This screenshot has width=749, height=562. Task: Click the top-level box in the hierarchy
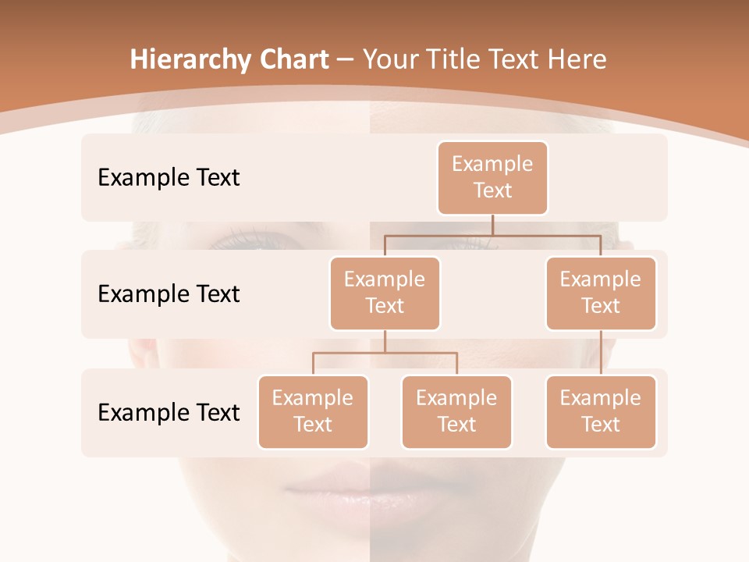pos(492,177)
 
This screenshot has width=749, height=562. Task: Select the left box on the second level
pos(385,293)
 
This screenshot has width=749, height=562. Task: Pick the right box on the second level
pos(601,293)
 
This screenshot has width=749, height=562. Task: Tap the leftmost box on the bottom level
pos(313,411)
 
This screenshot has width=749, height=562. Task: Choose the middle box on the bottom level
pos(456,411)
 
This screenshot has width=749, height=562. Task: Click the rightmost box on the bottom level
pos(601,411)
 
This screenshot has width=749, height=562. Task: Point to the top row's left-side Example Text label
pos(169,178)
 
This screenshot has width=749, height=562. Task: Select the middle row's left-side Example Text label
pos(169,294)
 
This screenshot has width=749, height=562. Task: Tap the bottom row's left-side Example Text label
pos(169,413)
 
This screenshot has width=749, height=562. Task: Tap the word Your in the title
pos(388,59)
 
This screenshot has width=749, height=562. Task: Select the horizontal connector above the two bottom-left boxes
pos(385,353)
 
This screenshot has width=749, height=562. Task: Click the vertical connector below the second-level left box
pos(385,341)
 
